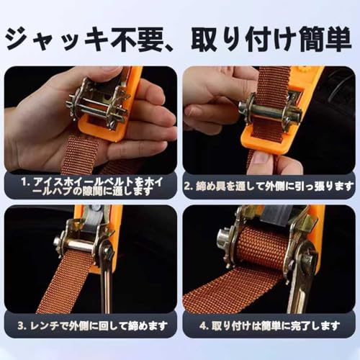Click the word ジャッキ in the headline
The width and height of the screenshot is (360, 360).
(x=57, y=40)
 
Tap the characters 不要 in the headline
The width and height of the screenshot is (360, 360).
(x=137, y=40)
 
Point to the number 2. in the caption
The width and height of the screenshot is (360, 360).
(x=189, y=186)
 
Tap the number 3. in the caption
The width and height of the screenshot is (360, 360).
(x=22, y=326)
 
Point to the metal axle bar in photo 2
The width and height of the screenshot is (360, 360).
(x=269, y=110)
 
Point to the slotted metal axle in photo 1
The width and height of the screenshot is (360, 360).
(x=96, y=106)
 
